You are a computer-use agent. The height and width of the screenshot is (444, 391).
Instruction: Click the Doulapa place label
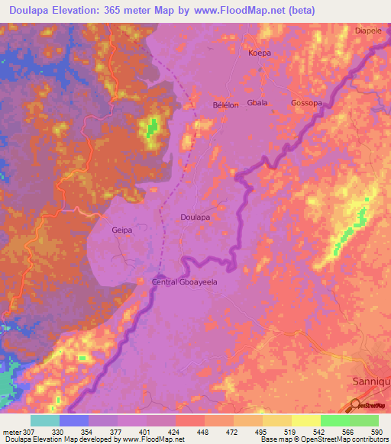click(x=195, y=217)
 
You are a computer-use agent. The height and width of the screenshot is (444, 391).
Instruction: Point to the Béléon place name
click(x=225, y=105)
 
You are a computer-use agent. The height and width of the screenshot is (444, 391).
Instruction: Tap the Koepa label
click(x=260, y=53)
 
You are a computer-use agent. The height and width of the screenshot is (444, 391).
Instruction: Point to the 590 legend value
click(x=376, y=432)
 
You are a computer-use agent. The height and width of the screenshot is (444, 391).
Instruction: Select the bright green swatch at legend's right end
click(x=364, y=420)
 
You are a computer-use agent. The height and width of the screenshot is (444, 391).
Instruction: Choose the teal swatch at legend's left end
click(x=45, y=420)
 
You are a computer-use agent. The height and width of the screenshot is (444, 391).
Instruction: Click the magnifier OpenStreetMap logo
click(x=356, y=404)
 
